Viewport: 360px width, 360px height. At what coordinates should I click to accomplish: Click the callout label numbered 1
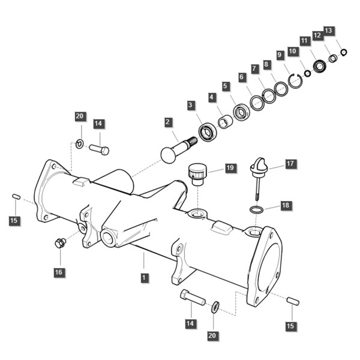click(x=144, y=278)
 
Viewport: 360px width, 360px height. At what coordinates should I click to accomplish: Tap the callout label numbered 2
click(x=168, y=122)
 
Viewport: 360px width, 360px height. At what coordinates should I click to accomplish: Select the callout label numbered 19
click(x=230, y=168)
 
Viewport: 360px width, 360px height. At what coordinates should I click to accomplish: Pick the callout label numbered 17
click(x=290, y=164)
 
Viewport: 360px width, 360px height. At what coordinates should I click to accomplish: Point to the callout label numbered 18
click(x=286, y=205)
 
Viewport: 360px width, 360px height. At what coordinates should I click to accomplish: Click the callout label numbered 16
click(x=59, y=272)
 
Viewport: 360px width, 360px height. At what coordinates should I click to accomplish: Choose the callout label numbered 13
click(x=329, y=31)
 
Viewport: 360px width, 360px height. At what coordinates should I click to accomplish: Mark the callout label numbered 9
click(x=280, y=55)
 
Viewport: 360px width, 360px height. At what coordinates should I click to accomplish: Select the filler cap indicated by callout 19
click(x=197, y=174)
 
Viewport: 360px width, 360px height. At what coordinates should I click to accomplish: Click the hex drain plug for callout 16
click(x=60, y=243)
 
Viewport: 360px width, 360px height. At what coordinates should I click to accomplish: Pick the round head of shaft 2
click(x=168, y=155)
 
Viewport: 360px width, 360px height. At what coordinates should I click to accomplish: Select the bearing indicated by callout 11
click(x=320, y=66)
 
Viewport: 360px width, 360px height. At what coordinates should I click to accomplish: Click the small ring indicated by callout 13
click(x=344, y=52)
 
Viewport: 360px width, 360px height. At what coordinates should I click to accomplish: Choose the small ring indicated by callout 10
click(x=307, y=73)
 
